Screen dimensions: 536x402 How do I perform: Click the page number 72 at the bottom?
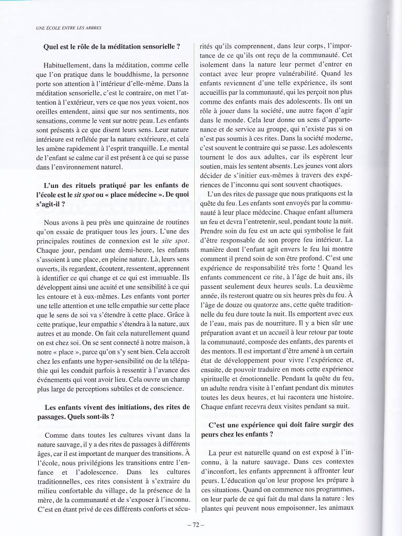(x=201, y=523)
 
